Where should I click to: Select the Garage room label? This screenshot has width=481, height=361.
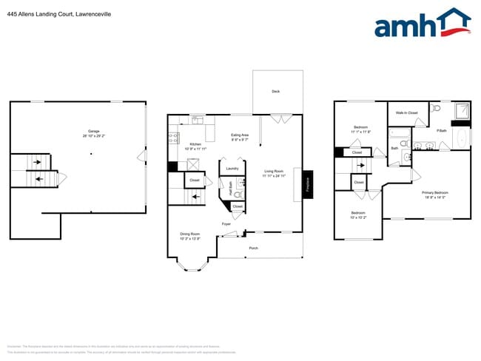click(x=94, y=131)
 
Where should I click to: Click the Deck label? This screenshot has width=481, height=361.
click(x=276, y=92)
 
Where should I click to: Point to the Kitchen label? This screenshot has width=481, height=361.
click(x=195, y=144)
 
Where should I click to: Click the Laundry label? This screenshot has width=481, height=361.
click(x=232, y=168)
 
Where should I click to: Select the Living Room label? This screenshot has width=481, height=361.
click(x=275, y=172)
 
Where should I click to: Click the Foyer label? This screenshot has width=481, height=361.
click(x=226, y=223)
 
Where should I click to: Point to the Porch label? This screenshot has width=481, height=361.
click(x=253, y=248)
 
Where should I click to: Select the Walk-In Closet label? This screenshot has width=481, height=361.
click(x=407, y=112)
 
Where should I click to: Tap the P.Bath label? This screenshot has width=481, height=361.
click(x=441, y=131)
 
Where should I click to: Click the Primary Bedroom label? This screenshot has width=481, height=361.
click(x=435, y=192)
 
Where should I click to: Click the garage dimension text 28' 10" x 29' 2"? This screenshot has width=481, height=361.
click(x=94, y=136)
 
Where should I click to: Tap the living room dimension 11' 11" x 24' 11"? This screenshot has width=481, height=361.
click(x=275, y=176)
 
